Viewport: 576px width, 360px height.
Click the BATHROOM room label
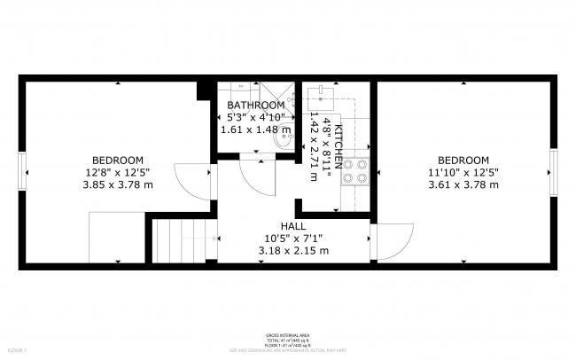tap(255, 106)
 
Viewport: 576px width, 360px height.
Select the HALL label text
tap(293, 226)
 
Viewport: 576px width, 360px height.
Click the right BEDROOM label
tap(463, 160)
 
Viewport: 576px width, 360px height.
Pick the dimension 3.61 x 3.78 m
tap(463, 185)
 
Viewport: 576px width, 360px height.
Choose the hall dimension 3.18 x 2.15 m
tap(293, 251)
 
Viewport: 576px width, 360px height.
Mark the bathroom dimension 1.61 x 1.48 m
tap(255, 129)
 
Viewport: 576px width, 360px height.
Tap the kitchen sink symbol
tap(320, 95)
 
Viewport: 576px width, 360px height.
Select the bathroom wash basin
tap(284, 137)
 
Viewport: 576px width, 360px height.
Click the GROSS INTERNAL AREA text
tap(287, 334)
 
